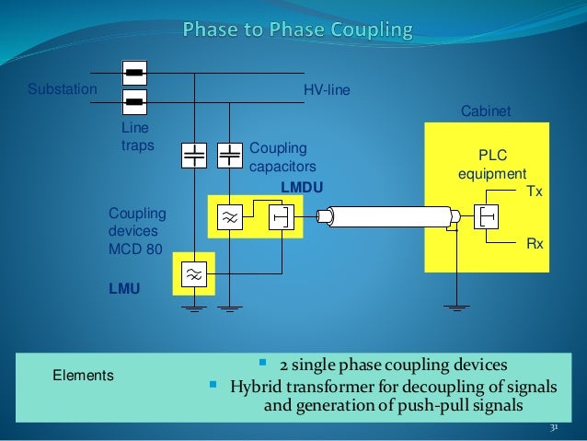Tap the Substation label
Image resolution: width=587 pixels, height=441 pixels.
point(62,90)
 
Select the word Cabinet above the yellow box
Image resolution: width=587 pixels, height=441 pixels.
point(484,111)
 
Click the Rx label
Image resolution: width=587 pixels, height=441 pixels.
point(534,245)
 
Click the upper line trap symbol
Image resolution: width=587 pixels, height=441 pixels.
point(134,72)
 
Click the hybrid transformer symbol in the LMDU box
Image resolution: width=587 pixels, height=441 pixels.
point(280,218)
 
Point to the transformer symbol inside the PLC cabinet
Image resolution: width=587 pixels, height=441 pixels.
point(487,217)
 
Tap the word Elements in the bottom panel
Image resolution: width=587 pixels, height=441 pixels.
point(84,376)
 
